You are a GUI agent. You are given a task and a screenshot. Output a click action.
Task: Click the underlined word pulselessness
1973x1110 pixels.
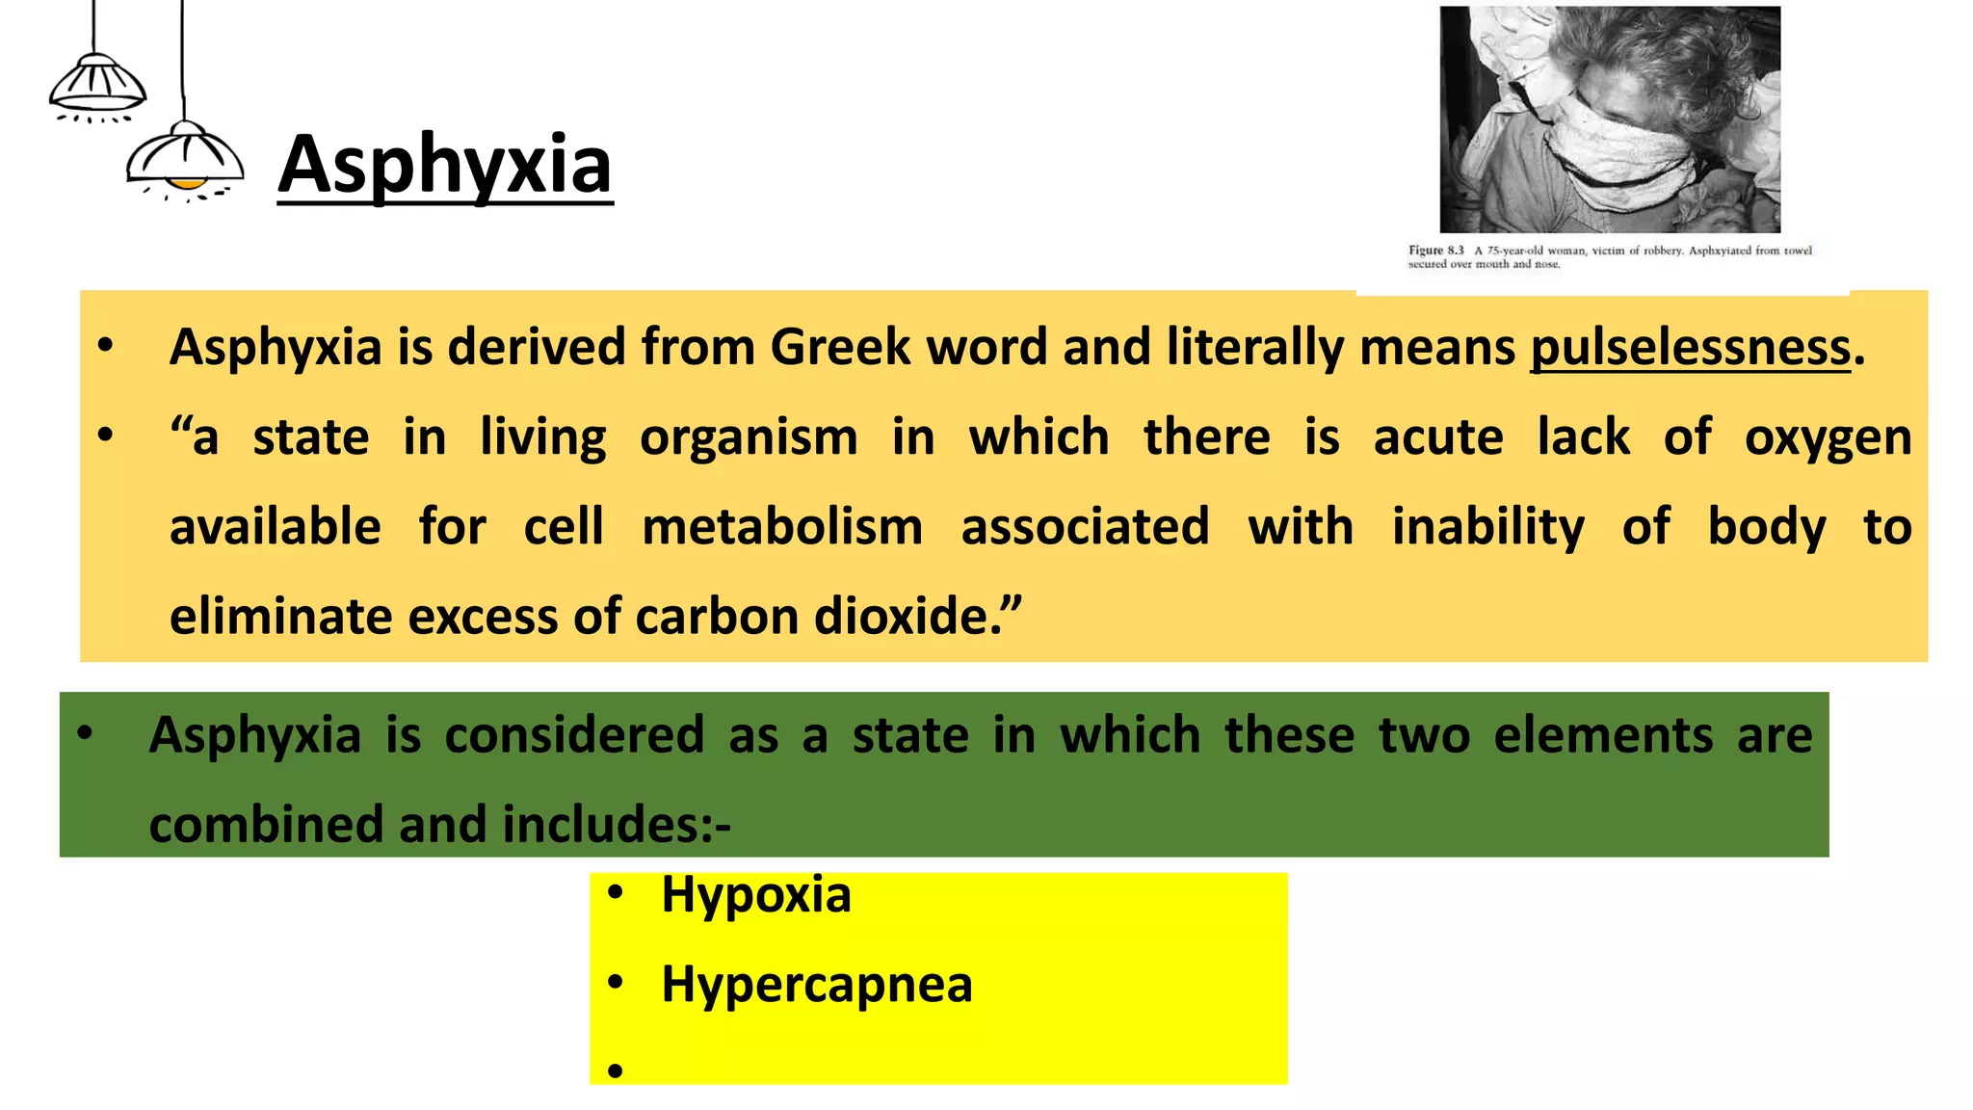(x=1690, y=347)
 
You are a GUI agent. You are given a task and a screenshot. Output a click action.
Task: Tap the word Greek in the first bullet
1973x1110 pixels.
(x=840, y=347)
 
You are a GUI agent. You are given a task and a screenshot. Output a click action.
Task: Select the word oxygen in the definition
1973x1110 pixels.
(x=1828, y=437)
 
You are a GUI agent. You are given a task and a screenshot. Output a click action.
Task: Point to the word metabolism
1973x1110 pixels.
(x=782, y=527)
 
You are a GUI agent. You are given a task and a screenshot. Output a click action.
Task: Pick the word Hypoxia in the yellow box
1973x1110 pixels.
(x=756, y=894)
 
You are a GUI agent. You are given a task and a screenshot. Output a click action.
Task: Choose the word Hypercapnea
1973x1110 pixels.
(x=817, y=985)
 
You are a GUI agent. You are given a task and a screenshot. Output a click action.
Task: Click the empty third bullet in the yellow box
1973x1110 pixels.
(x=616, y=1070)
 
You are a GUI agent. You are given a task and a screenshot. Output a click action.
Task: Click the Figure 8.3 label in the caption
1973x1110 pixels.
(x=1435, y=251)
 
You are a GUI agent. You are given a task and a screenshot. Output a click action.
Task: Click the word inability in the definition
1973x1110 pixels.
(x=1487, y=527)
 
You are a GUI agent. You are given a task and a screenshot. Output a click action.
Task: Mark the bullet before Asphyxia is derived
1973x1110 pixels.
(x=106, y=345)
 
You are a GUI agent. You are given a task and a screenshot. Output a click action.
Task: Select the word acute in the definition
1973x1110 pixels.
(x=1437, y=437)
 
